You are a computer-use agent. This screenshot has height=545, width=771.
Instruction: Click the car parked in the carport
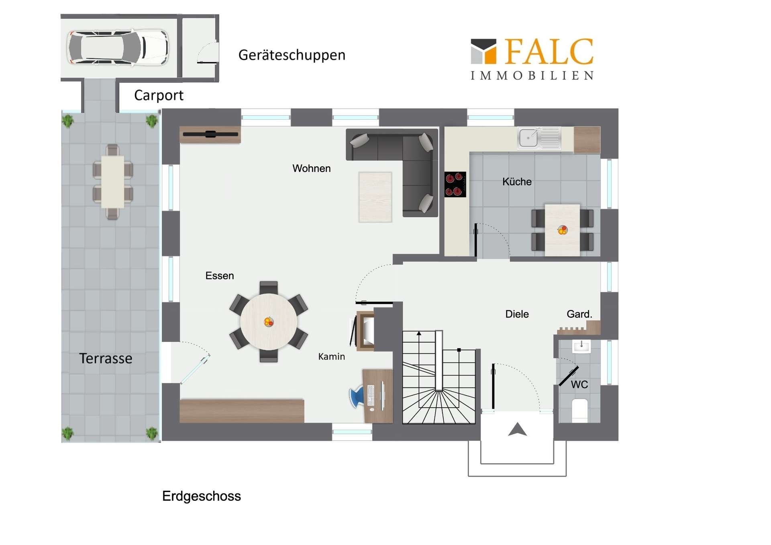117,47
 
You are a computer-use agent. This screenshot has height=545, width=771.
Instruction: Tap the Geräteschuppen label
292,55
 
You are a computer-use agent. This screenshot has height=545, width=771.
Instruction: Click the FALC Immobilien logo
532,59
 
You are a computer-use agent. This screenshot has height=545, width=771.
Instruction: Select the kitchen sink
539,138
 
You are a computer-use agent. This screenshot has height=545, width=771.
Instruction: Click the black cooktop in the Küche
455,184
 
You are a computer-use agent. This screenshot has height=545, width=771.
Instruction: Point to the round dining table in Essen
269,322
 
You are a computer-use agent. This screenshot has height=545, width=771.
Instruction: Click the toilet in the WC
579,410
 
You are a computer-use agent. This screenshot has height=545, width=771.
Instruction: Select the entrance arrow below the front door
517,429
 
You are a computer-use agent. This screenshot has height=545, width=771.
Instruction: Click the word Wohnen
312,168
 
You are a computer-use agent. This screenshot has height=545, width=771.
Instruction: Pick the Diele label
517,314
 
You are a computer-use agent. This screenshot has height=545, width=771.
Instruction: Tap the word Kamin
331,357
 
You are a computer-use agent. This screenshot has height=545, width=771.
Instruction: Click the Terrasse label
106,358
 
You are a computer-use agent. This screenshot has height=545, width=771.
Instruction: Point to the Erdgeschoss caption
202,496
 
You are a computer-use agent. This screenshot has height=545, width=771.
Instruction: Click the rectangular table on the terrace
113,182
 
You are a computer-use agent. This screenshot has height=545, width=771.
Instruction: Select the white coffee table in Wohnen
375,197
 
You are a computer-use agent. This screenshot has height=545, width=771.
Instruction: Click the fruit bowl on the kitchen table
562,230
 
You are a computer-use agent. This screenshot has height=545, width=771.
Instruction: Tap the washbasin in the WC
581,346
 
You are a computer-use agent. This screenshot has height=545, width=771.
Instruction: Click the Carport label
159,96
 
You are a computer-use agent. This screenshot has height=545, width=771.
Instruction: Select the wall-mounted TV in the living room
210,134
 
